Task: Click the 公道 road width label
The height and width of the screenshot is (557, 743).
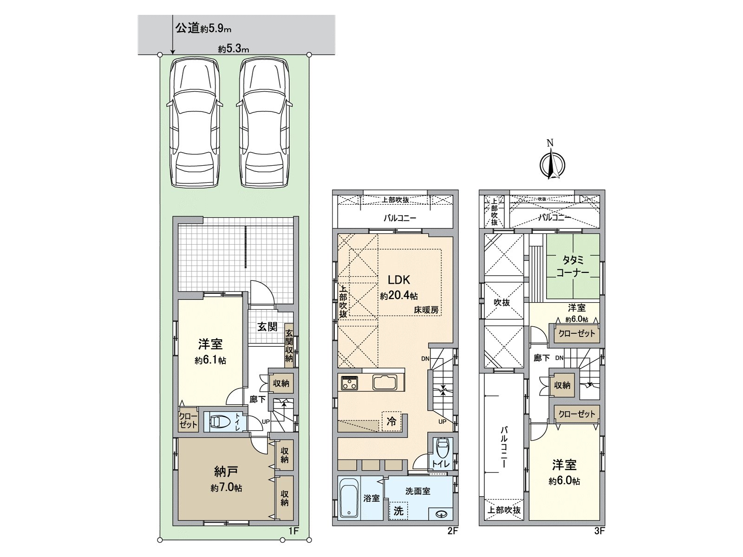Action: coord(203,28)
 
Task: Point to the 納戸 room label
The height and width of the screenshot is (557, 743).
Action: coord(226,472)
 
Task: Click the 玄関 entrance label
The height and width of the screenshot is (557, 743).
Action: coord(267,327)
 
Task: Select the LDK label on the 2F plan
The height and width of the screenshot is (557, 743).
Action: coord(399,280)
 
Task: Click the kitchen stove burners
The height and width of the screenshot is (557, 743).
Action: coord(350,383)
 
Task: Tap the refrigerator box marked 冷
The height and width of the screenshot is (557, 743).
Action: coord(391,421)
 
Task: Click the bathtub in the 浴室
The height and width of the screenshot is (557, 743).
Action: coord(349,498)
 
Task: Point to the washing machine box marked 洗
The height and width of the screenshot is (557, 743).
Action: coord(398,511)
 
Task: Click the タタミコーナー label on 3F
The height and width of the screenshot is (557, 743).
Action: coord(573,266)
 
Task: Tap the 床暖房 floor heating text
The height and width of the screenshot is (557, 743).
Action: coord(426,310)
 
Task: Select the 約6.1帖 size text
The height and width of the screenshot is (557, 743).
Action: coord(210,360)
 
